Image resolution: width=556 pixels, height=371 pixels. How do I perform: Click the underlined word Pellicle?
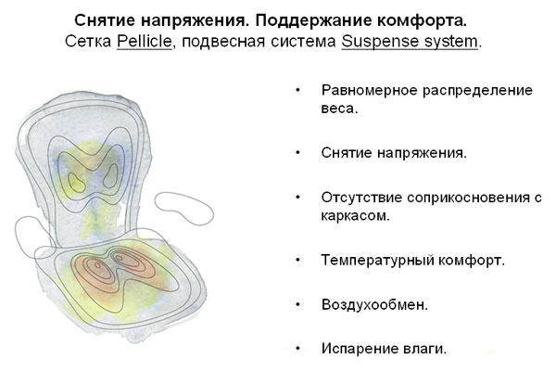click(x=145, y=41)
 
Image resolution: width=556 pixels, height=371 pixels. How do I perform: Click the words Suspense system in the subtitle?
click(x=410, y=41)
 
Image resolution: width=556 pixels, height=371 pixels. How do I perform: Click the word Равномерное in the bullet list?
click(x=369, y=91)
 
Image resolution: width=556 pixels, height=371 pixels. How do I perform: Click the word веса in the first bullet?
click(x=337, y=109)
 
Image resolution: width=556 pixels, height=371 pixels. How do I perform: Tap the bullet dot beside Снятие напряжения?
click(x=297, y=153)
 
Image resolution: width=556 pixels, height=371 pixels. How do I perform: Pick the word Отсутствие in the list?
click(x=361, y=198)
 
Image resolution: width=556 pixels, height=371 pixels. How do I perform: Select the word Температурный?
click(x=377, y=261)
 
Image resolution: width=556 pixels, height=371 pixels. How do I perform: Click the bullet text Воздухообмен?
click(x=374, y=304)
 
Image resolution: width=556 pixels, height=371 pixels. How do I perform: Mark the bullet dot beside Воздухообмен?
click(x=297, y=304)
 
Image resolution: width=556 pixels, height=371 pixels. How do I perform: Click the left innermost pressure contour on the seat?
click(x=96, y=264)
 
